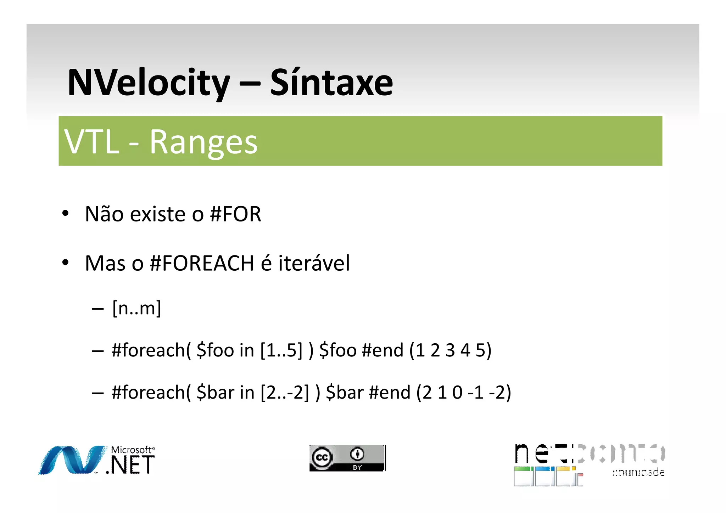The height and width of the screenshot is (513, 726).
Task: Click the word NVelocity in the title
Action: (149, 83)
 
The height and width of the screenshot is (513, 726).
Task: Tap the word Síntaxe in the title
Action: (331, 83)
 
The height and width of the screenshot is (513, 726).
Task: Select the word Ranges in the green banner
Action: (203, 142)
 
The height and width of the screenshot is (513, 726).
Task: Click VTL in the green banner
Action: (92, 142)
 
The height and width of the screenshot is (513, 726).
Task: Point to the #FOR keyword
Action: (235, 214)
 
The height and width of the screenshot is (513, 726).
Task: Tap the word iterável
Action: (314, 263)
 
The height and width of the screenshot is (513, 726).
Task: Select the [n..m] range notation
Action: (136, 308)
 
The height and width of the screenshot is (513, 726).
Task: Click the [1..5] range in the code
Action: (281, 350)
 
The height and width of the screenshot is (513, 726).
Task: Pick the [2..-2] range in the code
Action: (285, 393)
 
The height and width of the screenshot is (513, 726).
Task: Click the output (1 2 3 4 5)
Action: (451, 350)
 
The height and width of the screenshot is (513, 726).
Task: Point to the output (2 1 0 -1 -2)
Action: (464, 393)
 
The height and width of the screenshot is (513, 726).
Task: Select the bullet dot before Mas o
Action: (65, 263)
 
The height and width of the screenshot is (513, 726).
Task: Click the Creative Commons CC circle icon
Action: (322, 457)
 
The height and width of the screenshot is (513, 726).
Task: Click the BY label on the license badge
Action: (357, 468)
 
